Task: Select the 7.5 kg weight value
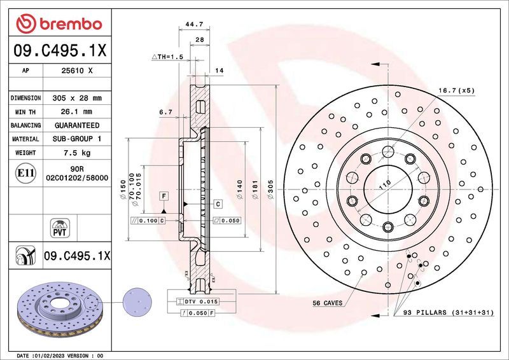(77, 153)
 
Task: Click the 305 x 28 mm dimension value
(77, 99)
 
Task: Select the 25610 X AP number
(77, 72)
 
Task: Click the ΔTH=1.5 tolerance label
(167, 57)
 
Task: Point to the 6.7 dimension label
(165, 112)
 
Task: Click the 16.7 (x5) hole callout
(456, 91)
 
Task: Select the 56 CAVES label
(328, 303)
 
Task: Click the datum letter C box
(217, 204)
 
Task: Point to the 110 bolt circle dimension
(384, 184)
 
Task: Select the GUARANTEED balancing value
(77, 125)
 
